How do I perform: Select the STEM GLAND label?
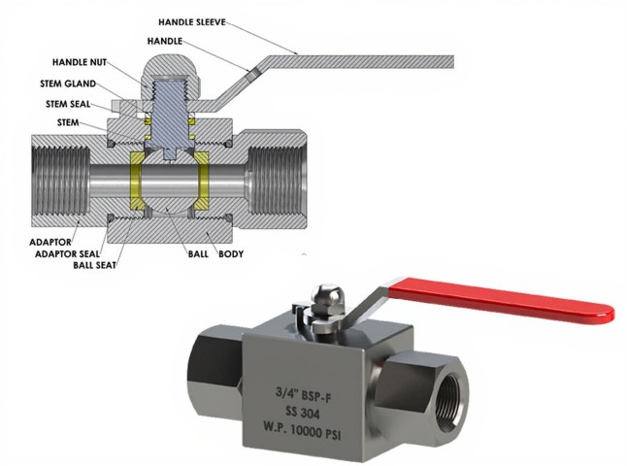pyautogui.click(x=69, y=83)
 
